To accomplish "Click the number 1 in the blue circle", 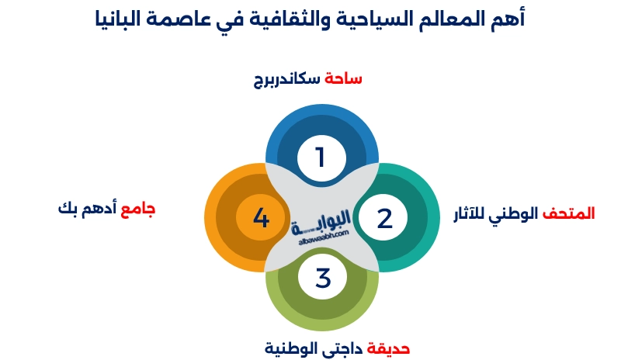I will (x=320, y=157).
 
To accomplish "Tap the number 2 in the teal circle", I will (x=385, y=218).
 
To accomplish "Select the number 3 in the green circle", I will (x=323, y=277).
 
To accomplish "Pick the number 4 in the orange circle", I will (x=261, y=218).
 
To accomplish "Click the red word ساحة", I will (x=344, y=78).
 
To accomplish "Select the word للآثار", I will (x=474, y=213).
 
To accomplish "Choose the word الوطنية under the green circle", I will (x=290, y=347).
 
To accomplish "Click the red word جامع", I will (x=139, y=209).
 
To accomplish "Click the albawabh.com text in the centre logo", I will (x=322, y=241).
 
